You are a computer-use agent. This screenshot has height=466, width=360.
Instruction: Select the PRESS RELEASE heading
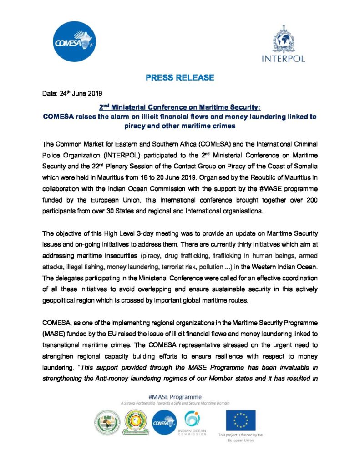pyautogui.click(x=180, y=78)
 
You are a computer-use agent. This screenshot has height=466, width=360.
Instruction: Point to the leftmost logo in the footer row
pyautogui.click(x=107, y=423)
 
